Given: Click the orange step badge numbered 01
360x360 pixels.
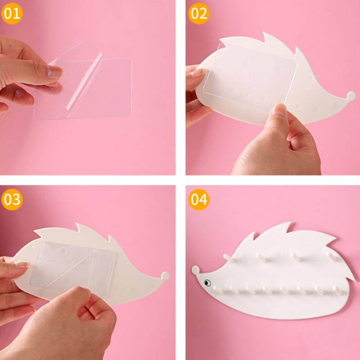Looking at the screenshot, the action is (12, 13).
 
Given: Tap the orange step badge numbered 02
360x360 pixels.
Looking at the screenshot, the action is (199, 13).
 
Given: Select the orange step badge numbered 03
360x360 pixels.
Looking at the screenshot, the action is (12, 199).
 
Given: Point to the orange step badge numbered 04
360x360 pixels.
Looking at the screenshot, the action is (199, 199).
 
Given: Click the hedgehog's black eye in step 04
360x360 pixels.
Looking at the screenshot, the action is (207, 283).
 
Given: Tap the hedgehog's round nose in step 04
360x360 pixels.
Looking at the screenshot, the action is (196, 270).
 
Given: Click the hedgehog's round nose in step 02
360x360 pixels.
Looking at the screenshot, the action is (351, 95).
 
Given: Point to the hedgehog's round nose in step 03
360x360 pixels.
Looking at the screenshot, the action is (165, 276).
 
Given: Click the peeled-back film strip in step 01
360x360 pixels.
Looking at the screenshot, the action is (85, 81).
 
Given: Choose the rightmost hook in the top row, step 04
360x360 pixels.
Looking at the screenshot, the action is (332, 257).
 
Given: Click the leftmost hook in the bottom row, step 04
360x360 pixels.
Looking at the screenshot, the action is (218, 290).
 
